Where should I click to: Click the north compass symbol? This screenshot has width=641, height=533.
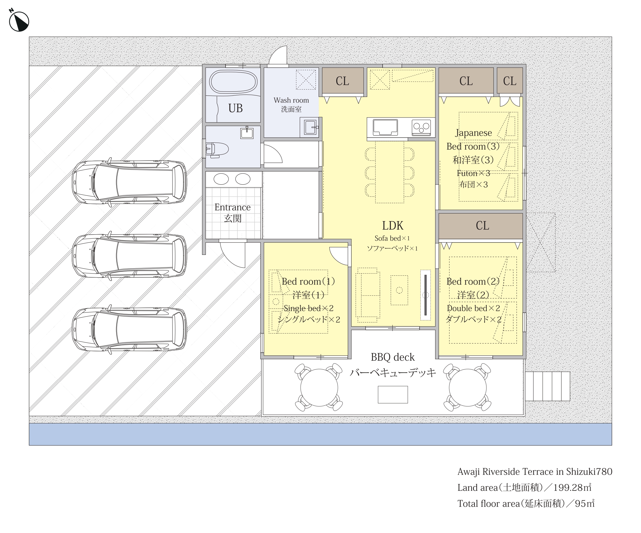(x=19, y=21)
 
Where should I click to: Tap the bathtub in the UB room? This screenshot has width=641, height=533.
(x=233, y=81)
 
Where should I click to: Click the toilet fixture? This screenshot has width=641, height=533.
(x=217, y=150)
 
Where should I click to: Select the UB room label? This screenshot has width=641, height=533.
(x=235, y=108)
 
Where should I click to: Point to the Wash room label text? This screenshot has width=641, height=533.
(x=291, y=100)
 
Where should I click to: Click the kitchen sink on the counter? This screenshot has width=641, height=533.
(x=385, y=127)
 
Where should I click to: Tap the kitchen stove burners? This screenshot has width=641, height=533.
(x=421, y=127)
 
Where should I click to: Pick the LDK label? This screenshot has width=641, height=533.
(x=392, y=226)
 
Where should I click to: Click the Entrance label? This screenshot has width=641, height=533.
(x=232, y=207)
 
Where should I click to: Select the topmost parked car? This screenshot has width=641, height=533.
(x=129, y=182)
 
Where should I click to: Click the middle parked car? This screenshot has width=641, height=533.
(x=129, y=256)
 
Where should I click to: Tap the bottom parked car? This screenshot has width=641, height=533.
(x=129, y=329)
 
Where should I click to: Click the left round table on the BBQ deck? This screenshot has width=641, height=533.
(x=319, y=387)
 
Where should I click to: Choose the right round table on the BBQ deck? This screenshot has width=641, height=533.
(x=467, y=387)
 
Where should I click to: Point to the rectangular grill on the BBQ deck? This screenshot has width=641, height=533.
(x=392, y=394)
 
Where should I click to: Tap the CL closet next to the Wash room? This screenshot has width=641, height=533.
(x=343, y=81)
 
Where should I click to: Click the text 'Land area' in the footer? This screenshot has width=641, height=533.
(x=477, y=488)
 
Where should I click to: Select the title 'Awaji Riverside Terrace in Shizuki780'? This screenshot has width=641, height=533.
(x=535, y=472)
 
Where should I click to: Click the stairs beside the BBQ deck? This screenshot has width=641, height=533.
(x=547, y=386)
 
